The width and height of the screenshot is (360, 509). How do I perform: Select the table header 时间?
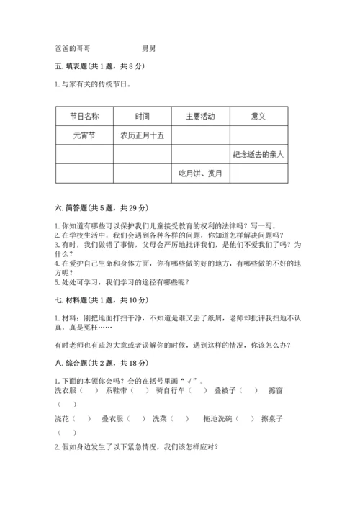142,117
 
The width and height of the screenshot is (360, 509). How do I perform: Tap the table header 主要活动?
200,117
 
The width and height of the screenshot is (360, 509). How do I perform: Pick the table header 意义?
258,117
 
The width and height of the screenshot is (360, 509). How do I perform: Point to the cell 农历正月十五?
142,135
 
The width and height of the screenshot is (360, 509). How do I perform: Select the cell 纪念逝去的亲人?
259,154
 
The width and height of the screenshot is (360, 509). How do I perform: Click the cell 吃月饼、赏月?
200,173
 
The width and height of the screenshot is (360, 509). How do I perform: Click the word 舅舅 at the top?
149,48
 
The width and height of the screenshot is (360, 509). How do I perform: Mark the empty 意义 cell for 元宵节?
258,135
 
